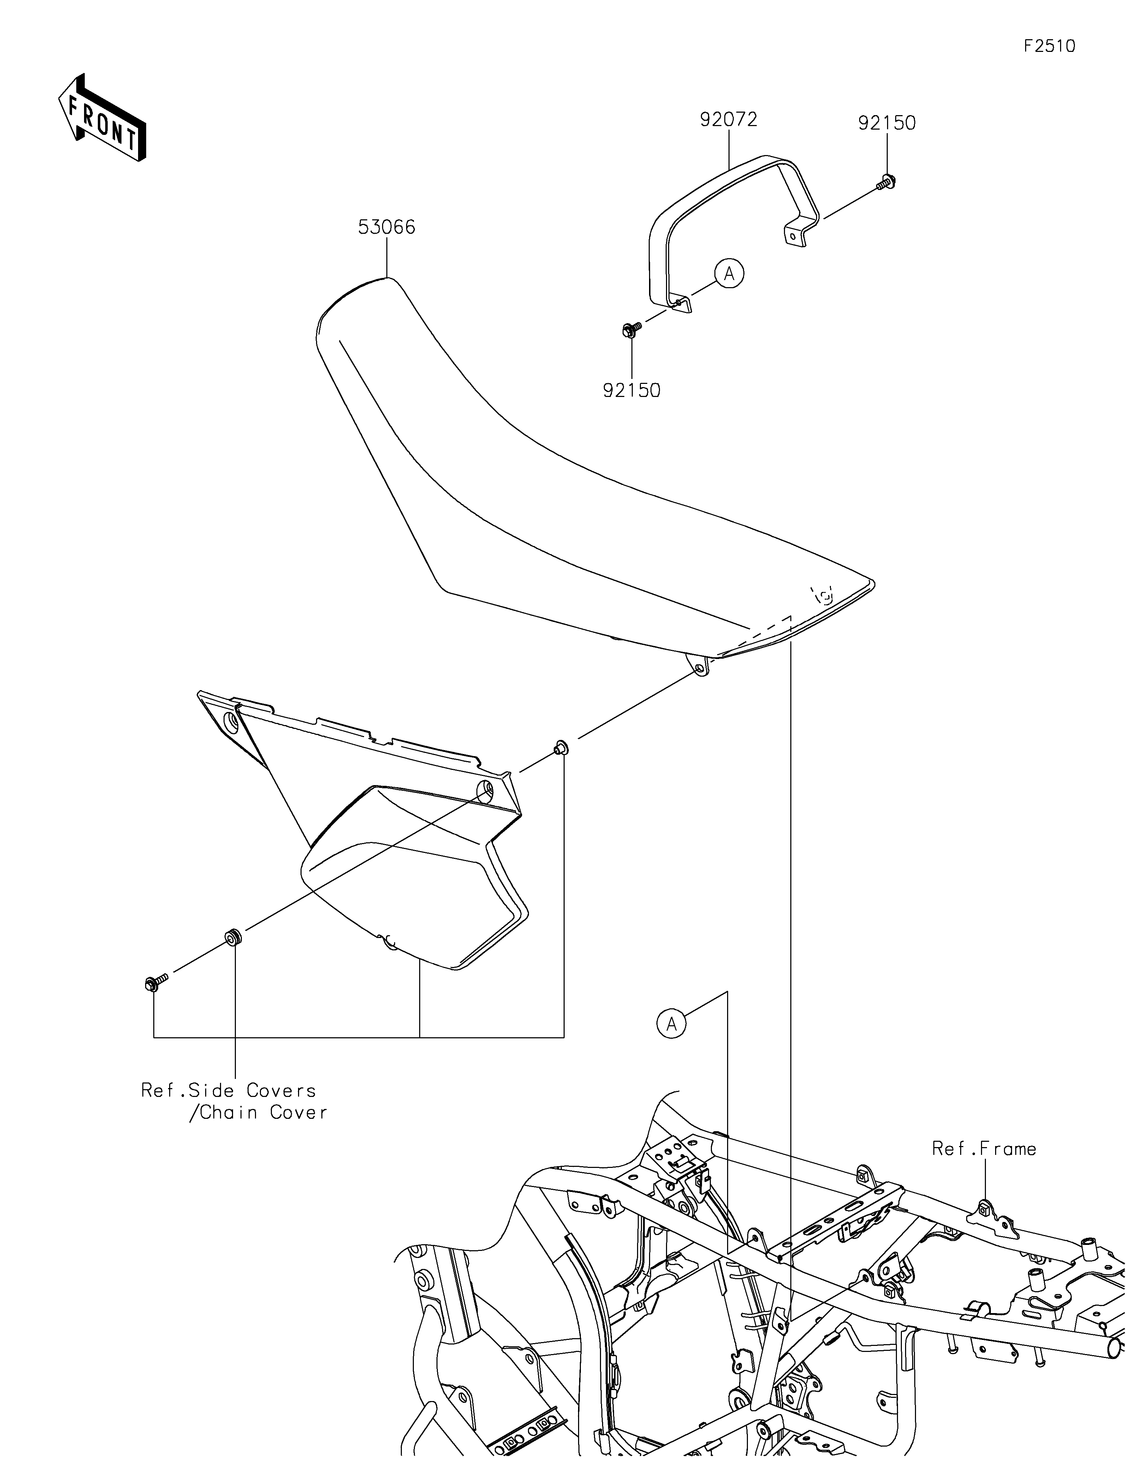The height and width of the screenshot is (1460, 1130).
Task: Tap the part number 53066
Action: (386, 228)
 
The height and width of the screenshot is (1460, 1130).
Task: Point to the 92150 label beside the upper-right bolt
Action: (887, 124)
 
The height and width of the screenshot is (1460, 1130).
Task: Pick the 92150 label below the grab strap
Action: (631, 391)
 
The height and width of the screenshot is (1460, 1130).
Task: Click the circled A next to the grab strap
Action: (729, 273)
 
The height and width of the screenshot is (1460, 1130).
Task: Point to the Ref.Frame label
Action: (984, 1149)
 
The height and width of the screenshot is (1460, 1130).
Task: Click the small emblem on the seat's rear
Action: (824, 594)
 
